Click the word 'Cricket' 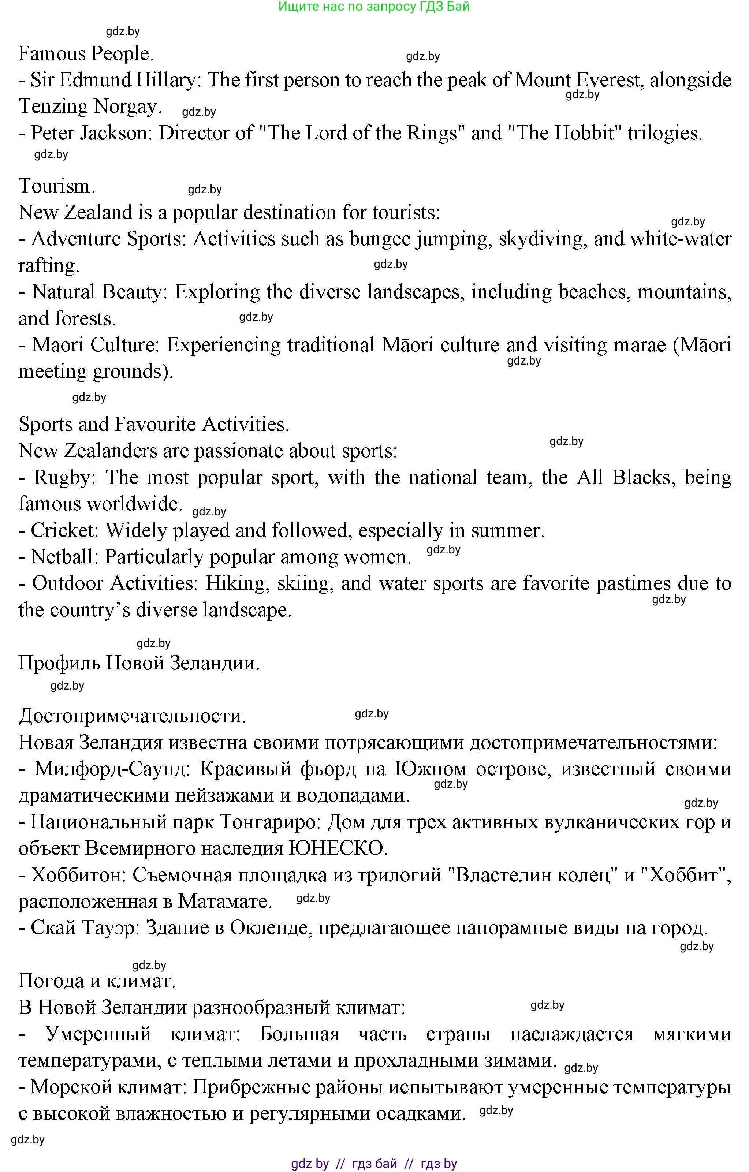coord(64,530)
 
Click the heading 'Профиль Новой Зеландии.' coord(139,663)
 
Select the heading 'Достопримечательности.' coord(132,716)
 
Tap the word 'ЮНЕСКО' coord(338,848)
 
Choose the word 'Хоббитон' coord(78,875)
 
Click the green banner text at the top coord(374,7)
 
